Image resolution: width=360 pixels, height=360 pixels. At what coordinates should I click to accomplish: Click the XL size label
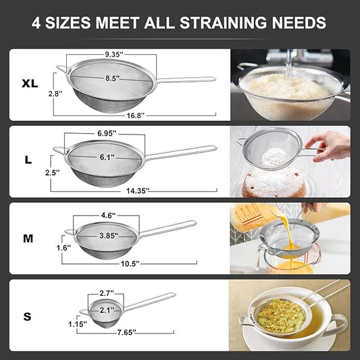click(29, 84)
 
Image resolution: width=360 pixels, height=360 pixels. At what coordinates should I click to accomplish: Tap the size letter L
click(28, 160)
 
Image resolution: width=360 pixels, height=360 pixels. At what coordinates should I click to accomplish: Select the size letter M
click(28, 238)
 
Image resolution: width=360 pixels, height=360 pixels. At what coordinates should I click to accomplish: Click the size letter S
click(27, 315)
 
